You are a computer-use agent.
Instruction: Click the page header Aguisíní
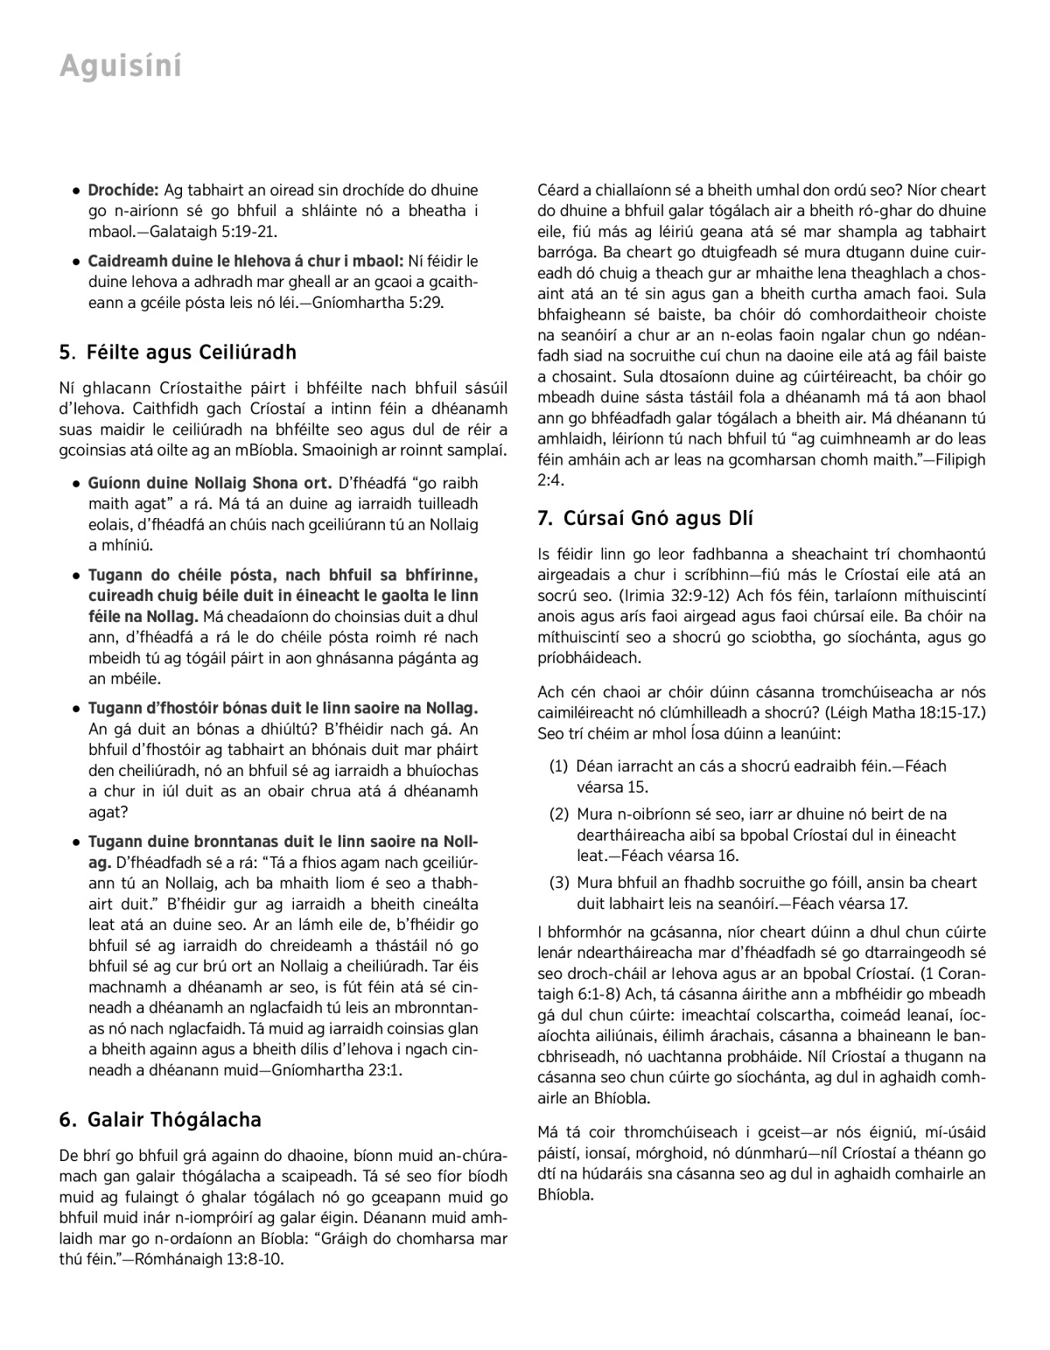click(121, 66)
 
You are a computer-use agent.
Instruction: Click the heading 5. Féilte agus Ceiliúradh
click(178, 353)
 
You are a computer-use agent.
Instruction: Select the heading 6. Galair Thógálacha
click(160, 1120)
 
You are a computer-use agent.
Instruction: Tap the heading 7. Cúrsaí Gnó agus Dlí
click(646, 518)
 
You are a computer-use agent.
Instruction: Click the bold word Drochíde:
click(122, 190)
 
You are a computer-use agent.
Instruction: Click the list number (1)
click(559, 766)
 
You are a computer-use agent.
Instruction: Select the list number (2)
click(559, 815)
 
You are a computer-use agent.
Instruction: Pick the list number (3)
click(559, 883)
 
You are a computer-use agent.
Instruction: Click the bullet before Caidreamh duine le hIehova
click(78, 262)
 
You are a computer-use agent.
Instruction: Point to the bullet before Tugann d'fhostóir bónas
click(78, 709)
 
